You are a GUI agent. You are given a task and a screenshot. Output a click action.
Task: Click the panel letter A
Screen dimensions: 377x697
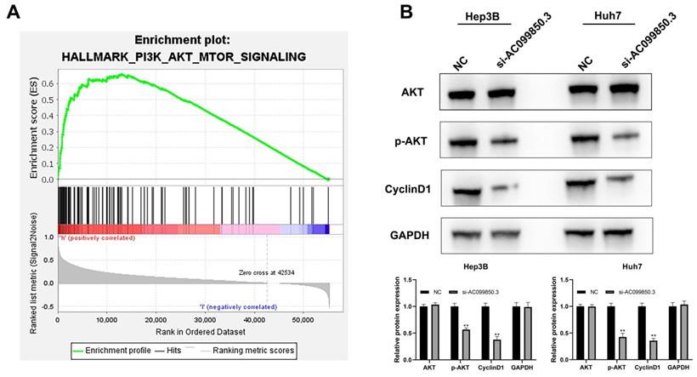point(14,16)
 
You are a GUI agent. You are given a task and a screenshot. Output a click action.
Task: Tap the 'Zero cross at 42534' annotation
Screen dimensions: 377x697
point(265,271)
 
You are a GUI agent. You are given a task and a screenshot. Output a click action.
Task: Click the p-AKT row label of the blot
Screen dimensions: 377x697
point(418,138)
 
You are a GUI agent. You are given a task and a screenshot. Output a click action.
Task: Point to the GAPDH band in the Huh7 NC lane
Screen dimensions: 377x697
point(587,231)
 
